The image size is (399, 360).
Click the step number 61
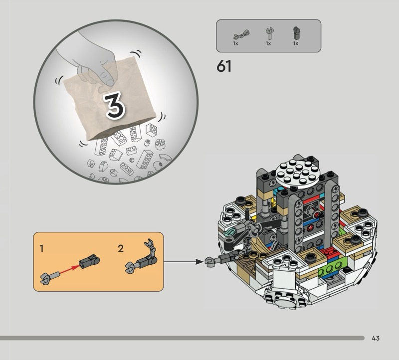pyautogui.click(x=224, y=66)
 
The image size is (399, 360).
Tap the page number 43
pyautogui.click(x=376, y=338)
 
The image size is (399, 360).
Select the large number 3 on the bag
pyautogui.click(x=115, y=106)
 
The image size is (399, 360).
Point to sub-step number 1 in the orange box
pyautogui.click(x=42, y=248)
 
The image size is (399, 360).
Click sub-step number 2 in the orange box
pyautogui.click(x=121, y=248)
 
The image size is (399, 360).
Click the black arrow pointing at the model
pyautogui.click(x=184, y=261)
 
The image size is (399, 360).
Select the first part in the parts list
pyautogui.click(x=241, y=34)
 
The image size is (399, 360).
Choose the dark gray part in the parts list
pyautogui.click(x=296, y=33)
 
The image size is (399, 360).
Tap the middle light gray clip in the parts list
pyautogui.click(x=269, y=33)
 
